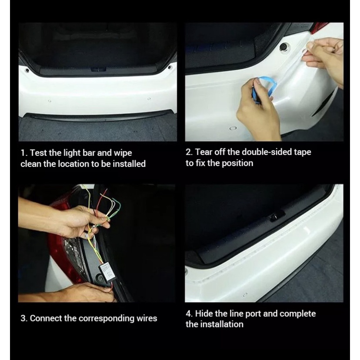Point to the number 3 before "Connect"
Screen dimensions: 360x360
pyautogui.click(x=23, y=318)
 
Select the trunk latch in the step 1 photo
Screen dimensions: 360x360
pyautogui.click(x=98, y=69)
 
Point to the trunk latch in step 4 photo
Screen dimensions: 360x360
pyautogui.click(x=277, y=216)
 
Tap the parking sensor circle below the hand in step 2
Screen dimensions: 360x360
pyautogui.click(x=233, y=128)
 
